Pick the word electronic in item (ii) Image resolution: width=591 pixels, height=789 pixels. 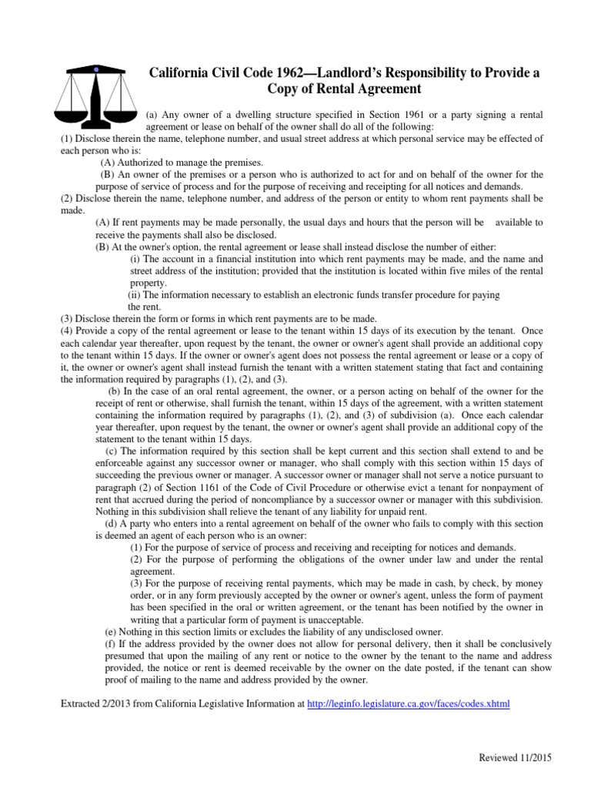pos(328,294)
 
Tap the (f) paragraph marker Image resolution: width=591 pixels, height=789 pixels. pos(110,643)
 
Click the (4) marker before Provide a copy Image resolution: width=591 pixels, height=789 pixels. pos(67,331)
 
